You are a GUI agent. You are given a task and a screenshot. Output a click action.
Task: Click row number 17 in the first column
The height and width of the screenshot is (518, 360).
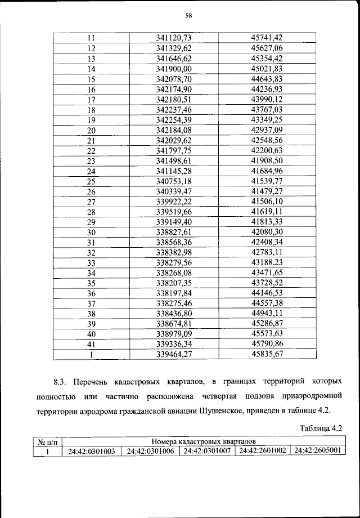pyautogui.click(x=92, y=100)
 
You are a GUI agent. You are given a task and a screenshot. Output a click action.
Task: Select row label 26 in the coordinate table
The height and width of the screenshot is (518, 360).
pyautogui.click(x=92, y=192)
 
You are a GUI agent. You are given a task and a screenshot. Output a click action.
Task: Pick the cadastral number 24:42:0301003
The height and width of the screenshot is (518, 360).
pyautogui.click(x=92, y=452)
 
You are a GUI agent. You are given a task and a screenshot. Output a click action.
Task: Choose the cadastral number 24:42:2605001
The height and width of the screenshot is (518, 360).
pyautogui.click(x=317, y=451)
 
